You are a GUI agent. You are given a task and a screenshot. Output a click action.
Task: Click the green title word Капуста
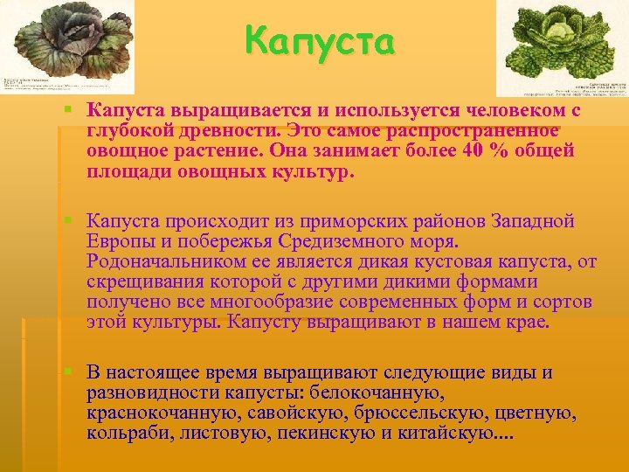click(320, 40)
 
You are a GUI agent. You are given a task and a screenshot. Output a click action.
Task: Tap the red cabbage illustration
click(67, 39)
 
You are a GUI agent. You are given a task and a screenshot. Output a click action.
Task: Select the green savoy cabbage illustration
click(562, 40)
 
